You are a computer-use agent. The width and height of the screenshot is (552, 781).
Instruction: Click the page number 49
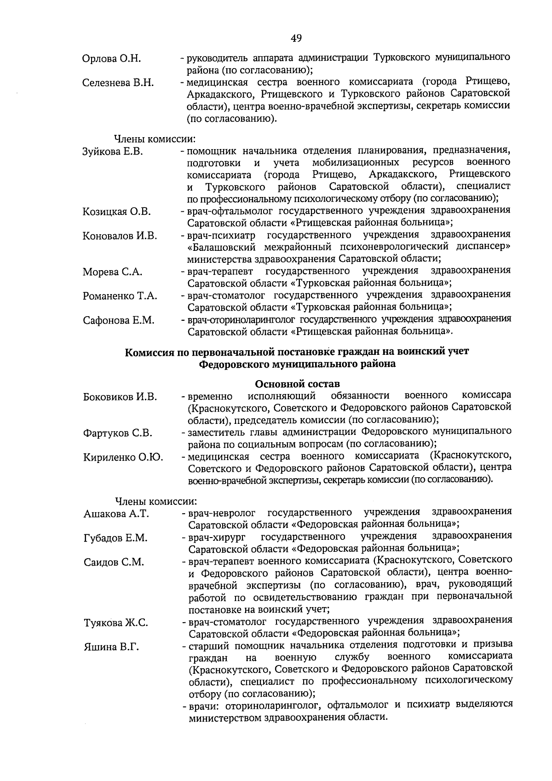click(x=296, y=39)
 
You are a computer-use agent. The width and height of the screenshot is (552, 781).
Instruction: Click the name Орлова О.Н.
click(x=112, y=59)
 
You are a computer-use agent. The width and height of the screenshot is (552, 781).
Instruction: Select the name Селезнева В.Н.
click(x=118, y=83)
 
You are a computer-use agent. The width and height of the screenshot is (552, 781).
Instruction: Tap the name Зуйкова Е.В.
click(x=113, y=152)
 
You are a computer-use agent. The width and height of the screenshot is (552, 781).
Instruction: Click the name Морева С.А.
click(x=112, y=272)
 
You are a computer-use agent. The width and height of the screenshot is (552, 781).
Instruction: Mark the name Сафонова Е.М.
click(x=118, y=320)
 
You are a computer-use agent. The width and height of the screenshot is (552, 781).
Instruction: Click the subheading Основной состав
click(x=297, y=384)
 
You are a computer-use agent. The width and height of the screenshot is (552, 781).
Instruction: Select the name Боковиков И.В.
click(x=120, y=397)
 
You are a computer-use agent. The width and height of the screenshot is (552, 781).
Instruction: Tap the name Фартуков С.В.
click(x=118, y=433)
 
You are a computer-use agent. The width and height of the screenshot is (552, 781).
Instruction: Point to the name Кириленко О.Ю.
click(x=123, y=457)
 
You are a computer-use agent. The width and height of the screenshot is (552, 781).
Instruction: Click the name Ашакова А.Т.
click(x=116, y=514)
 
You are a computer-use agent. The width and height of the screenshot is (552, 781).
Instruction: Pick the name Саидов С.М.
click(x=114, y=562)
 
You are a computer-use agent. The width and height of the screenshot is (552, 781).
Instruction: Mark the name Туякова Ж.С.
click(x=116, y=623)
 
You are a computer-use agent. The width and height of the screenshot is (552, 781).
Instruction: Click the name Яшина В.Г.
click(x=111, y=647)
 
